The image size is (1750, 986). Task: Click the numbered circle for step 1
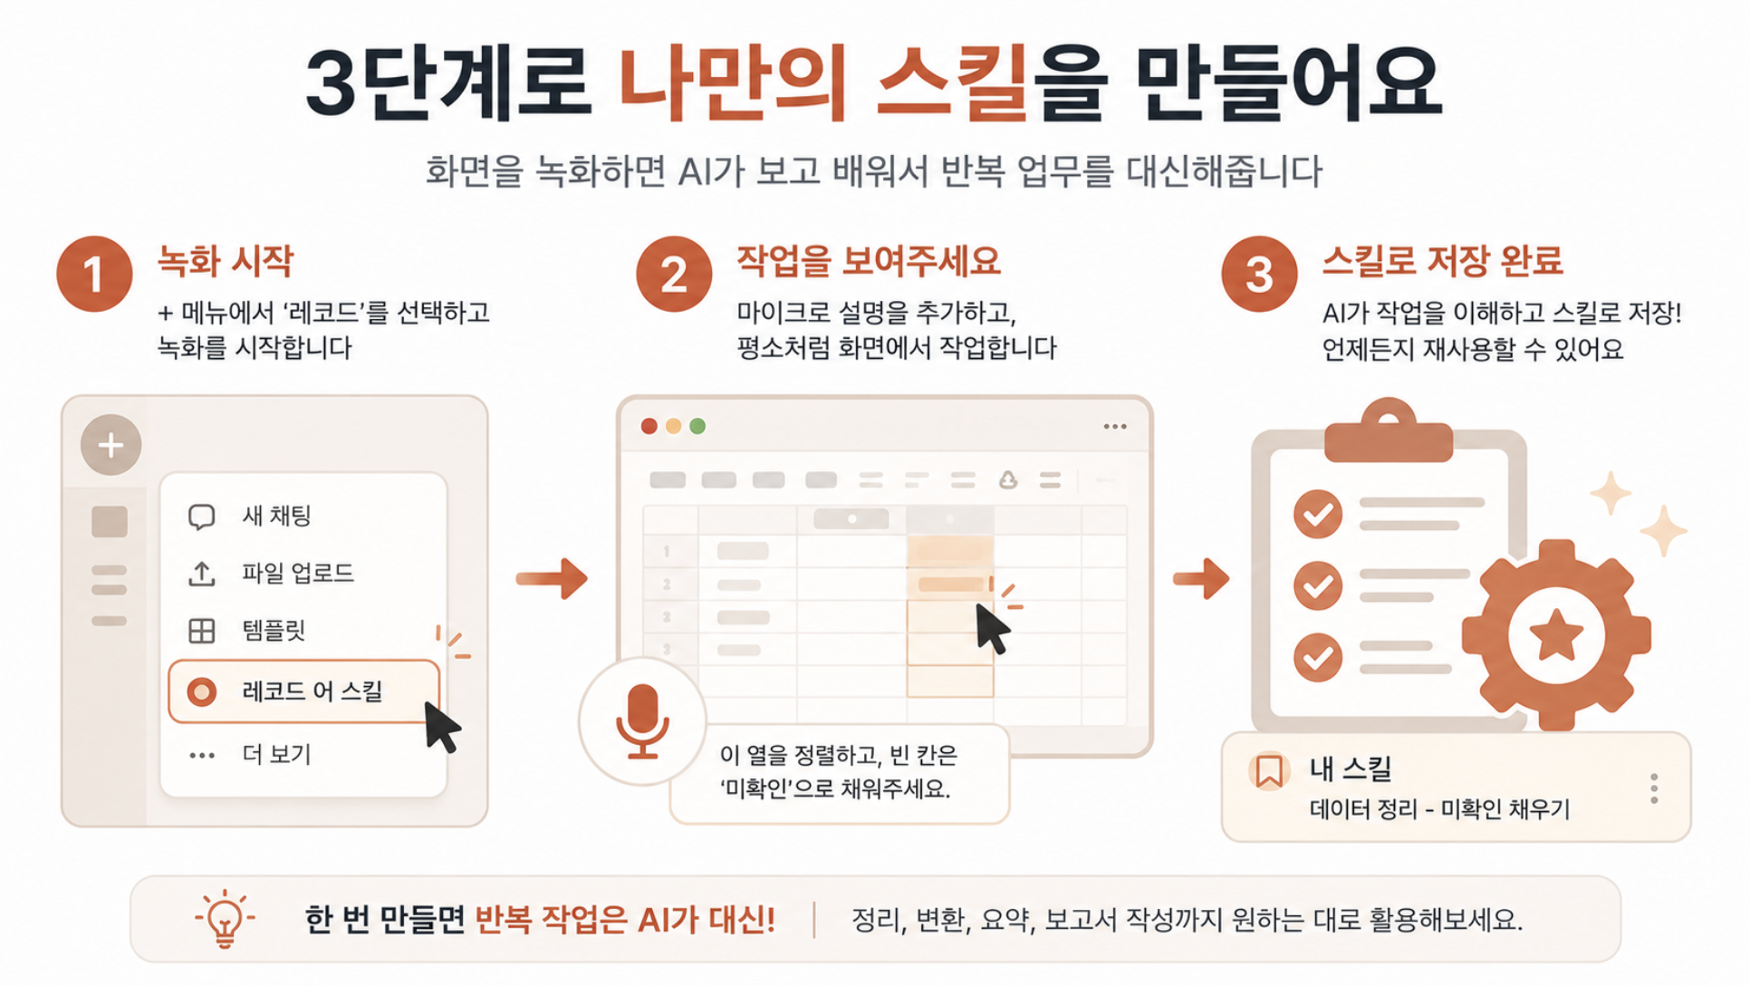pos(94,274)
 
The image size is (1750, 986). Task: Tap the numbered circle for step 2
pos(674,274)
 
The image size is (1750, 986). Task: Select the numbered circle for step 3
pos(1259,274)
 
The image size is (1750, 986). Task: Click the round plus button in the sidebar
pos(111,445)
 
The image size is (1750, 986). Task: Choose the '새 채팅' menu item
pos(249,516)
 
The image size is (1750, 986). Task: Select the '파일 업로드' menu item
pos(270,573)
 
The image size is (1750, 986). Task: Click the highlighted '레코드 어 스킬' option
pos(303,691)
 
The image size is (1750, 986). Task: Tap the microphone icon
pos(642,721)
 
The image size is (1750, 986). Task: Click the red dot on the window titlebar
pos(649,426)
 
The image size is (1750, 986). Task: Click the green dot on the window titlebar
pos(697,426)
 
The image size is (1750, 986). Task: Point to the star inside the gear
pos(1556,633)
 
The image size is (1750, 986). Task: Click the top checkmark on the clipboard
pos(1318,514)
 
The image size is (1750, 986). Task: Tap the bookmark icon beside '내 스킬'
pos(1269,771)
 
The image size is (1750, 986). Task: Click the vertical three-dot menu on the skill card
pos(1654,788)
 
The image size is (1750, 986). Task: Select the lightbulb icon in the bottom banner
pos(225,919)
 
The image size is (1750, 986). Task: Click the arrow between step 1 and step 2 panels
pos(552,578)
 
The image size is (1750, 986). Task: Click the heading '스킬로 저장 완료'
pos(1442,261)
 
